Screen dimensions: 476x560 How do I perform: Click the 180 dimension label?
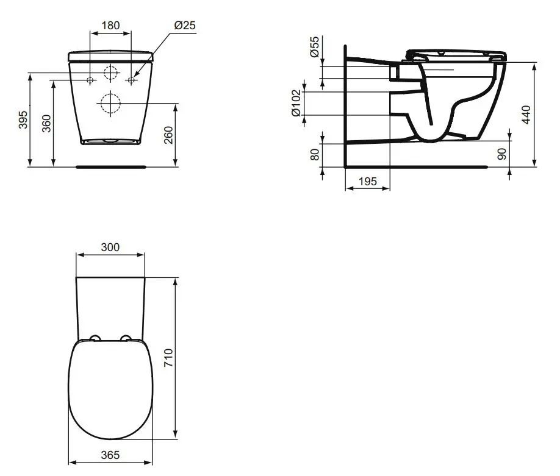110,26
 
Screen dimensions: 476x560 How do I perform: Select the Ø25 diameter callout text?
184,26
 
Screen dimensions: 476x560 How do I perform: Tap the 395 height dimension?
23,120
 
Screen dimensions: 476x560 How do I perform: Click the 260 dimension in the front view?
169,135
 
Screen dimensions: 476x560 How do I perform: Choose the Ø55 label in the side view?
314,46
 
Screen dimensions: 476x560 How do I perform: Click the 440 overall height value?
528,115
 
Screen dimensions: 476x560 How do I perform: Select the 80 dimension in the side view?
315,154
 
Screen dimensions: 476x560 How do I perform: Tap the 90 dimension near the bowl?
501,154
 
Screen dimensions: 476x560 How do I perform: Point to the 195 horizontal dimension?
367,181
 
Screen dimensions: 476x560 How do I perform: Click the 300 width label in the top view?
110,247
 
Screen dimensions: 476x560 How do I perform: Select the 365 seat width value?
110,455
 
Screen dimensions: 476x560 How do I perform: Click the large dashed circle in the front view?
110,104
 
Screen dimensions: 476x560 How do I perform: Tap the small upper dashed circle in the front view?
110,73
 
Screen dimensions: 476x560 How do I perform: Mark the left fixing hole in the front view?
90,80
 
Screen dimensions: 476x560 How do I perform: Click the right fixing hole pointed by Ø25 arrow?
131,80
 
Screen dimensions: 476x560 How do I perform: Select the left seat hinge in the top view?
95,338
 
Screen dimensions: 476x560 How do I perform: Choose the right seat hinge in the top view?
126,338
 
